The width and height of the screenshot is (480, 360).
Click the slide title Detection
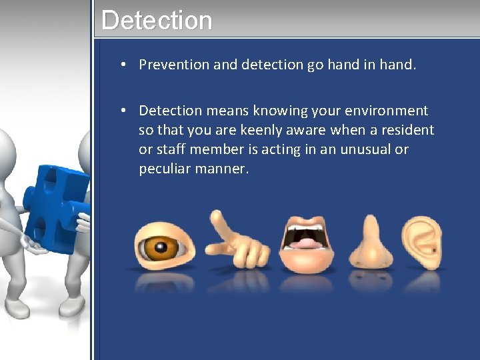point(157,20)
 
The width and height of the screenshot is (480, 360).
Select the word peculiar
point(164,169)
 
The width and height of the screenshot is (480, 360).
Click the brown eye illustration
point(163,244)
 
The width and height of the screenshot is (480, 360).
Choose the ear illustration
point(422,241)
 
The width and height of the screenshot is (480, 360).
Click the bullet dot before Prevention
point(124,65)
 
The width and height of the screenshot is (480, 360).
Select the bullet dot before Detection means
point(124,111)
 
